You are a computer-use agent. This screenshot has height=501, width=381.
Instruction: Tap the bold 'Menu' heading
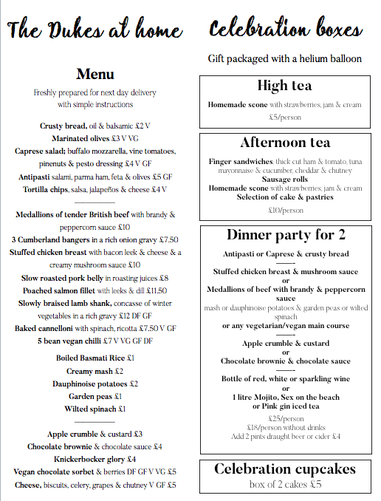pos(95,74)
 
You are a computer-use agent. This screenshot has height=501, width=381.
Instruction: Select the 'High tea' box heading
pos(284,85)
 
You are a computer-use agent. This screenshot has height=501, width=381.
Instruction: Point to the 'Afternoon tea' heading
pos(284,143)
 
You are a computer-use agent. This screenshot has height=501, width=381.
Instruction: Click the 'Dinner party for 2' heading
pos(284,235)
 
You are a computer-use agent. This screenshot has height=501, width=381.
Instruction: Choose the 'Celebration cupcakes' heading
pos(284,469)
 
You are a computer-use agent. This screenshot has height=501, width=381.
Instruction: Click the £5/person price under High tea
pos(284,117)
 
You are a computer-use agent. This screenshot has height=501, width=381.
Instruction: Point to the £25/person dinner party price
pos(285,418)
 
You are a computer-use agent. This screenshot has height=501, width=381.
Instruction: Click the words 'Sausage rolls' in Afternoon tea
pos(285,179)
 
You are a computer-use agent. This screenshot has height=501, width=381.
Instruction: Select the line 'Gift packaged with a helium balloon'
pos(285,58)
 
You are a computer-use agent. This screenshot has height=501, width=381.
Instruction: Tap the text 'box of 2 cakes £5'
pos(285,485)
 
